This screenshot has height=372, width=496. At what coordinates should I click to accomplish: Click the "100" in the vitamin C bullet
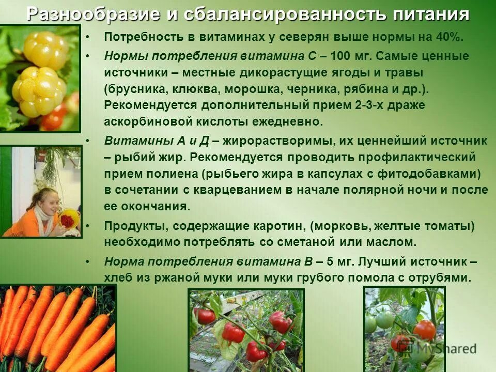click(x=339, y=56)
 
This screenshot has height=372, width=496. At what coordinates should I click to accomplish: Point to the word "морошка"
click(x=250, y=89)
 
